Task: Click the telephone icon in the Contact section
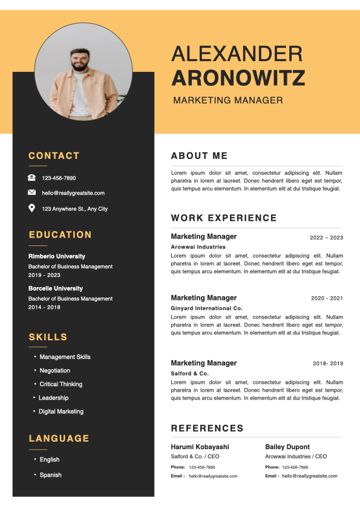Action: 31,178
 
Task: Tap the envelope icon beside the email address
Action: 31,193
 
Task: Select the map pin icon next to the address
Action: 31,209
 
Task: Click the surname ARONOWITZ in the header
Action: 238,78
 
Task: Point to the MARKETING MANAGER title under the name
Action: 227,100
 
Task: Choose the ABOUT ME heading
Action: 199,156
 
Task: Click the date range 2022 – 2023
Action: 326,238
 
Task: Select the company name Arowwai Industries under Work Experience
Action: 198,247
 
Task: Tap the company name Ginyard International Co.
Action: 206,308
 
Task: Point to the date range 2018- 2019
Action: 328,364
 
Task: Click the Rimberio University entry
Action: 57,256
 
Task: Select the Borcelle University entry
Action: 56,288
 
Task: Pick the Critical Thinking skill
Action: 61,384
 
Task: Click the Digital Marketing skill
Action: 61,412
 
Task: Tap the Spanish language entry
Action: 51,475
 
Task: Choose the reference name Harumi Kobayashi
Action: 200,447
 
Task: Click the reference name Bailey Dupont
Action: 287,447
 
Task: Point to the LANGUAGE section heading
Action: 59,438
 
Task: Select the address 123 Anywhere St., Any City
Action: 74,209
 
